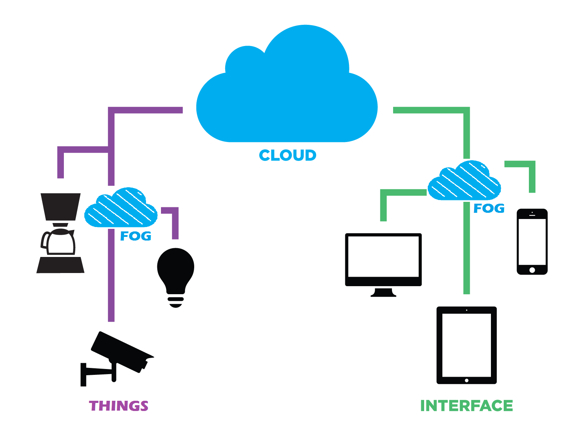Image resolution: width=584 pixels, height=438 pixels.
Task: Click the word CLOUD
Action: pos(287,155)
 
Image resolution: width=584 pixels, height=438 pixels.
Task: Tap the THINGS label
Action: pos(119,406)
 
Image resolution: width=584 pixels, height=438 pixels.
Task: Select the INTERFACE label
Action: pos(466,406)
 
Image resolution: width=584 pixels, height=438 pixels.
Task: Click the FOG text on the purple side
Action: pos(135,236)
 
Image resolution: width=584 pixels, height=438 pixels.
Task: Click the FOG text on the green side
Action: pos(489,208)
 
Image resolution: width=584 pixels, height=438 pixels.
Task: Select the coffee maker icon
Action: pos(60,234)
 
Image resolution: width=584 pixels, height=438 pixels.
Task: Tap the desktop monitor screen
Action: pos(383,256)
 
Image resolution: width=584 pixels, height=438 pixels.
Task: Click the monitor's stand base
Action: pos(383,294)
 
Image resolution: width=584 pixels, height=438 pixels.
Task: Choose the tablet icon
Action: pos(466,345)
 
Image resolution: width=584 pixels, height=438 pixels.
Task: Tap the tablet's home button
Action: pos(466,380)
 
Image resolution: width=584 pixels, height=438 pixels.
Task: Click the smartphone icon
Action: pos(532,242)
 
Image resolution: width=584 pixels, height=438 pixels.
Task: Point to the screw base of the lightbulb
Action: pos(176,300)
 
